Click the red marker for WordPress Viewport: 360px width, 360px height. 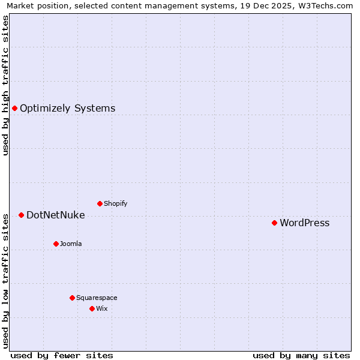274,223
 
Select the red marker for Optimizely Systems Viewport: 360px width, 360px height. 15,109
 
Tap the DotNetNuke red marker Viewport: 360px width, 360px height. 21,215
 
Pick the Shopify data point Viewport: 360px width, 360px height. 100,203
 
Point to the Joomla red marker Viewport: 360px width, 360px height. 56,244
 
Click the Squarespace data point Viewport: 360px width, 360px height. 72,298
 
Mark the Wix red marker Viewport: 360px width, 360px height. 92,308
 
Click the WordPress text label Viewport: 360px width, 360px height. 304,223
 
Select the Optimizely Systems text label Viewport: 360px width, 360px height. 67,109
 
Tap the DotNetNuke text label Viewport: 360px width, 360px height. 55,215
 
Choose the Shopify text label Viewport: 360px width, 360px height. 115,204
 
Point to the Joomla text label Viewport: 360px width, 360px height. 71,244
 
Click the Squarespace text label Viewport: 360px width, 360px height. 97,298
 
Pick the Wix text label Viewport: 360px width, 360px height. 101,309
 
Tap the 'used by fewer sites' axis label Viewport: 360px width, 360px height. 62,356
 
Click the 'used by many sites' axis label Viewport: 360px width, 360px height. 301,356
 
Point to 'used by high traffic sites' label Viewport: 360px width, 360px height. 6,85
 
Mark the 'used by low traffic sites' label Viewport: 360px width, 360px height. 6,281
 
